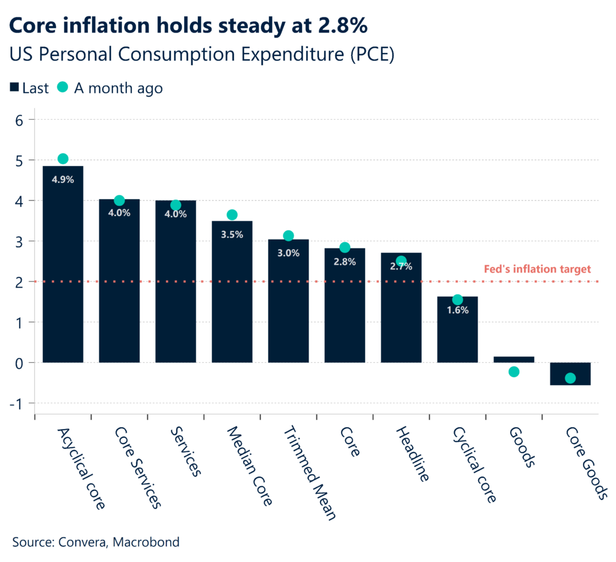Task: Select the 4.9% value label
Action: pos(63,179)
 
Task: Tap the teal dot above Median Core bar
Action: pos(232,215)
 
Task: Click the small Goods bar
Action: pos(514,359)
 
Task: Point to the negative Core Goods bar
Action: pos(570,374)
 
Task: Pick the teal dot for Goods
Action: pos(514,372)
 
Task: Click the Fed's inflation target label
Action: pos(537,269)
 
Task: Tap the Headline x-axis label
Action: pos(413,455)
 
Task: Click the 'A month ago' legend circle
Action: pos(63,88)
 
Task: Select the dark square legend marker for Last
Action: pos(14,88)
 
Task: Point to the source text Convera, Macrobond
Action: pos(119,542)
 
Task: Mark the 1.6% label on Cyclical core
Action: pos(457,311)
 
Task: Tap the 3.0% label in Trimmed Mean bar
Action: pos(288,253)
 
